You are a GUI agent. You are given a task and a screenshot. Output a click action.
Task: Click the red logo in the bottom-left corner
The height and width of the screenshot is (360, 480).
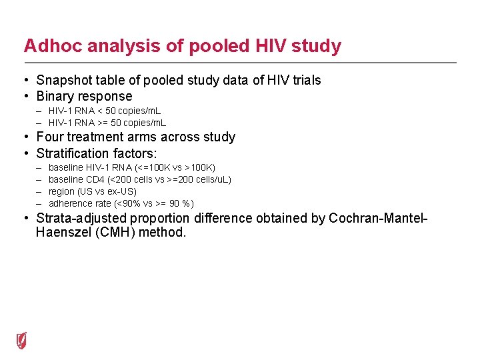point(22,340)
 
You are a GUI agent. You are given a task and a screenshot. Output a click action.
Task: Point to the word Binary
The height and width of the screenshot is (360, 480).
point(55,96)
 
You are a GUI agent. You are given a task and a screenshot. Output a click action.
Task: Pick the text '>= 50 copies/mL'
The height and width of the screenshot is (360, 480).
point(135,123)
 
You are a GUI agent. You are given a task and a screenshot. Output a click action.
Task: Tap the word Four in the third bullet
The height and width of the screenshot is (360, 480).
point(50,137)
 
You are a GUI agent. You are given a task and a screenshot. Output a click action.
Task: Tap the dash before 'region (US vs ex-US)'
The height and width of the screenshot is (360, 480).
point(40,191)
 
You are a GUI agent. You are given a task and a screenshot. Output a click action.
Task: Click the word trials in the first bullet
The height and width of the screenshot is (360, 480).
point(304,80)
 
